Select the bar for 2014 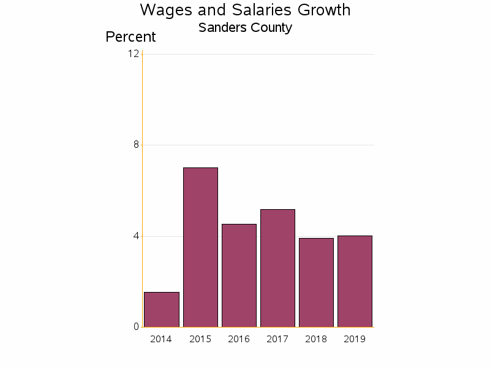(x=162, y=310)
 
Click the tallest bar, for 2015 (x=200, y=247)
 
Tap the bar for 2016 (x=239, y=275)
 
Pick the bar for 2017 (x=277, y=268)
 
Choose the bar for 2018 (x=316, y=283)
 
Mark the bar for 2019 (x=355, y=282)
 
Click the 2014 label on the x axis (x=161, y=339)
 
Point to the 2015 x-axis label (x=200, y=339)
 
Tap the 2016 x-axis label (x=239, y=339)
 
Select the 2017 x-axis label (x=277, y=339)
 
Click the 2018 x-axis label (x=316, y=339)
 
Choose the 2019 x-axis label (x=355, y=339)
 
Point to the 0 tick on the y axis (x=136, y=327)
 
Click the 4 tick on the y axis (x=136, y=236)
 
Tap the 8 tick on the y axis (x=136, y=145)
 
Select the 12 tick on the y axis (x=134, y=54)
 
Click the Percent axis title (x=130, y=37)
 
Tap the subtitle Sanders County (x=245, y=28)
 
